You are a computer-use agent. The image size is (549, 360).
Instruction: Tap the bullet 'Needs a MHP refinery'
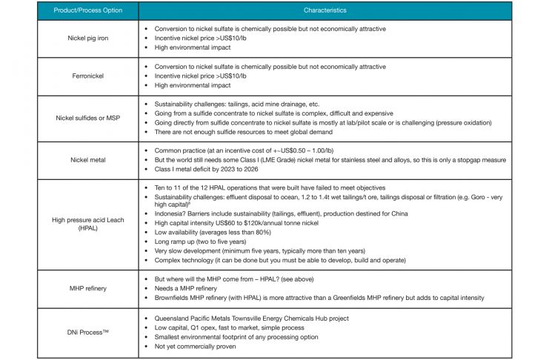pos(187,287)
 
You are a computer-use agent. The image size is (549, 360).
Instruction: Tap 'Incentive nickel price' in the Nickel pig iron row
pos(201,38)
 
